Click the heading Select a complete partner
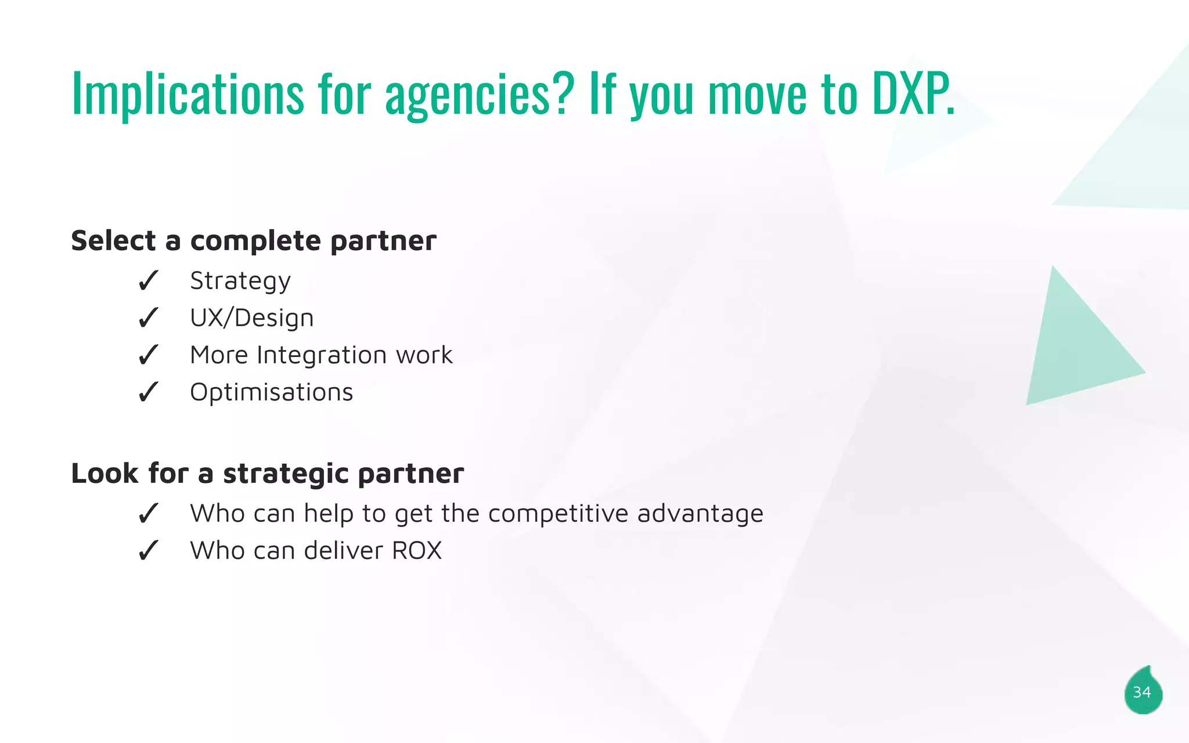tap(253, 241)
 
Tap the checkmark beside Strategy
tap(148, 281)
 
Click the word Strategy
tap(240, 282)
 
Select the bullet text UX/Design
tap(251, 318)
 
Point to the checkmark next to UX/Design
tap(148, 318)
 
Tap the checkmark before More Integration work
tap(148, 355)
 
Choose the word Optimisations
tap(271, 392)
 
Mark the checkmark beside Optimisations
tap(148, 392)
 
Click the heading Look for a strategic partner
tap(267, 473)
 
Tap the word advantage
tap(700, 514)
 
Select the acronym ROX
tap(416, 551)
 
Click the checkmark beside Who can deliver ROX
tap(148, 551)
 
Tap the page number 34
tap(1142, 692)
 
